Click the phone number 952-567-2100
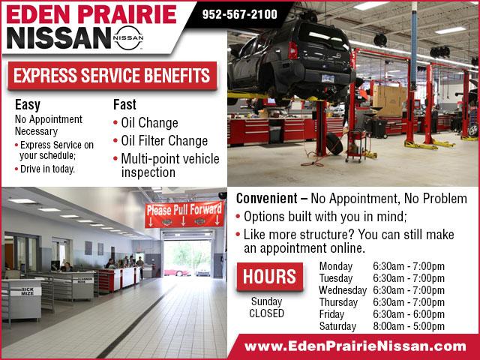pos(240,14)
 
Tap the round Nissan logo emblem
pos(128,37)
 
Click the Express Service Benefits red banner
pos(112,76)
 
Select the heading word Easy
pos(28,105)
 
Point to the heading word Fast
pos(124,104)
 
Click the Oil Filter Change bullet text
pos(164,141)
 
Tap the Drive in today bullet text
pos(47,169)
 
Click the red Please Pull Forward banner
pos(184,214)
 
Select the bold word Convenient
pos(267,198)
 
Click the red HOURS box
pos(270,277)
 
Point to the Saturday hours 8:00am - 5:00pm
pos(409,326)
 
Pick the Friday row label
pos(331,314)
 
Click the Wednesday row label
pos(343,290)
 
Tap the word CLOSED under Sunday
pos(267,313)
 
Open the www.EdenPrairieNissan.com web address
pos(355,346)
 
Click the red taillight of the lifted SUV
pos(292,50)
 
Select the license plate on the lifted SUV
pos(328,78)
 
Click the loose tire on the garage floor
pos(334,143)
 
